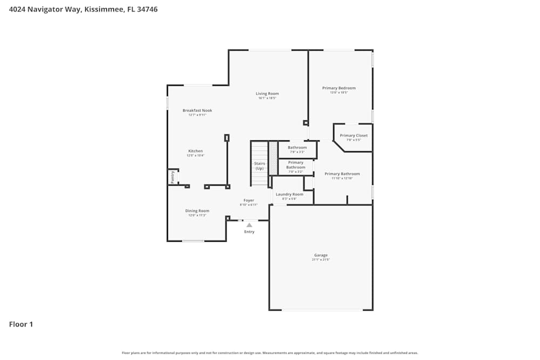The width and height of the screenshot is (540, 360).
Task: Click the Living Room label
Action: click(267, 94)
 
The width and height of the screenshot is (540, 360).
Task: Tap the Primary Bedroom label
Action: click(339, 88)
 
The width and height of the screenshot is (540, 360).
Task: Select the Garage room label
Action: click(321, 255)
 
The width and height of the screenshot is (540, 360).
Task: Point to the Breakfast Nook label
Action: click(197, 111)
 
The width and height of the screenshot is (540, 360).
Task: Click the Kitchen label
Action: click(195, 151)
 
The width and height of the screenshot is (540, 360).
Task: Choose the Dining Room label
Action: click(197, 211)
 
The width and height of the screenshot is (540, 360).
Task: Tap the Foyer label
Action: click(248, 200)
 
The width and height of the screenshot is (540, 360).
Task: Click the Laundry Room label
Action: click(289, 194)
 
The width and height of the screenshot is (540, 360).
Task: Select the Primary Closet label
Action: click(354, 135)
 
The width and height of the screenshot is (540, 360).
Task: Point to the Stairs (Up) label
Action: click(260, 166)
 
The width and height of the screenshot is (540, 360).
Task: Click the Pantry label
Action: click(173, 177)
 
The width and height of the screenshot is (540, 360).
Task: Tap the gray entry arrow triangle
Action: click(249, 225)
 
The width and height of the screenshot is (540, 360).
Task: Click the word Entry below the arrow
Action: click(249, 232)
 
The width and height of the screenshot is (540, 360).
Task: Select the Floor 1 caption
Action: click(21, 324)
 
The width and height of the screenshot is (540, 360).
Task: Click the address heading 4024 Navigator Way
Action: click(83, 9)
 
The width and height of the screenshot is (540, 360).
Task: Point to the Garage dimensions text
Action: click(321, 260)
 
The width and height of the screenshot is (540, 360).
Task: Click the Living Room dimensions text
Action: click(267, 98)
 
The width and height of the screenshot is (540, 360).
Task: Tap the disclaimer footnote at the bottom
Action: click(270, 353)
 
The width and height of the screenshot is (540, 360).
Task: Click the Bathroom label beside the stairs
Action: click(297, 147)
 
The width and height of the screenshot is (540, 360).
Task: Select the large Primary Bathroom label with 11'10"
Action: click(342, 174)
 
